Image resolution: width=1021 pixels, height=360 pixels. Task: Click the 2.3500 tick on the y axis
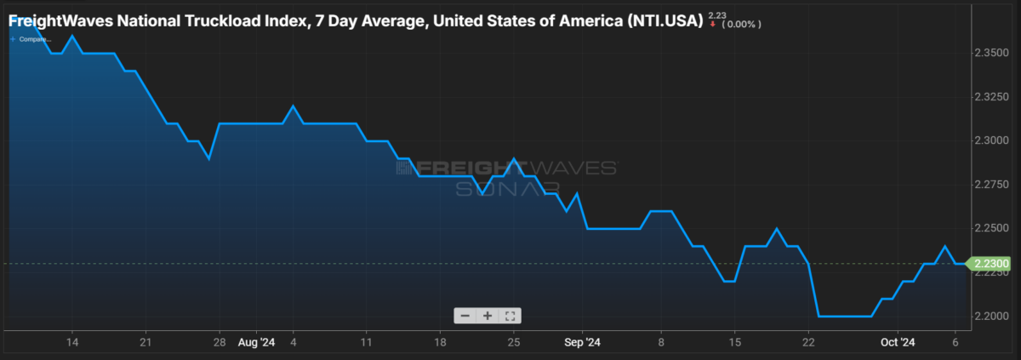990,53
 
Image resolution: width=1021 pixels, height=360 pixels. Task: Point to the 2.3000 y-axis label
990,140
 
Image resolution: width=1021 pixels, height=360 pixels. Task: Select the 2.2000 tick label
990,317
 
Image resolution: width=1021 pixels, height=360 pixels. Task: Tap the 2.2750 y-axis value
990,185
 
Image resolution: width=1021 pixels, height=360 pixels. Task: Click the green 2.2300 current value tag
987,264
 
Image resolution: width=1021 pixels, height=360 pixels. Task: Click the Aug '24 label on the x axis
256,343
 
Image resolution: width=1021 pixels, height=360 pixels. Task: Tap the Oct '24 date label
897,343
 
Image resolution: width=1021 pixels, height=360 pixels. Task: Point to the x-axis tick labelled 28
220,343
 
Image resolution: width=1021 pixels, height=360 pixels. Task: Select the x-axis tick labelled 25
514,343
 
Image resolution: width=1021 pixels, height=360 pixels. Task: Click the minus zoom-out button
465,316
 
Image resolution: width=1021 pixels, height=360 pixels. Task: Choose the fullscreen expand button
510,316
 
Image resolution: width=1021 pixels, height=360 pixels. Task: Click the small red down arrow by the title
712,24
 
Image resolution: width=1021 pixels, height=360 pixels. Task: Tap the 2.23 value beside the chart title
716,14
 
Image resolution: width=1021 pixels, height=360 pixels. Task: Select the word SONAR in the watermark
507,188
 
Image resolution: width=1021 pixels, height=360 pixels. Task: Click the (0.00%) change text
741,24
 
